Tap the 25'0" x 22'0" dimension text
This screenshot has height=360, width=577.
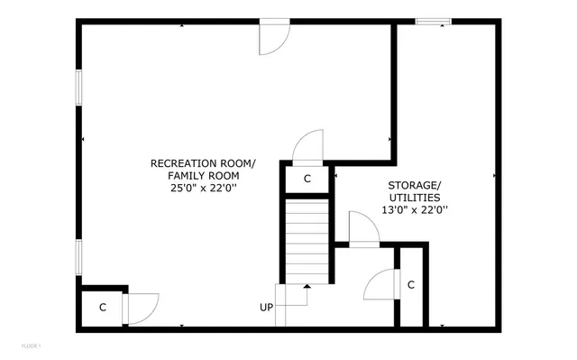pyautogui.click(x=203, y=189)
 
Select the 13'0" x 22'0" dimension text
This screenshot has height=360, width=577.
pyautogui.click(x=415, y=210)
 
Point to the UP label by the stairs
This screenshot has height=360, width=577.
pyautogui.click(x=267, y=308)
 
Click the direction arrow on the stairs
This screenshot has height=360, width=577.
pyautogui.click(x=307, y=287)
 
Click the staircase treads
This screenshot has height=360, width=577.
pyautogui.click(x=307, y=240)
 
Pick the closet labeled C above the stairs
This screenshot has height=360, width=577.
pyautogui.click(x=307, y=179)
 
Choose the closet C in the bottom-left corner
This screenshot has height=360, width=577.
pyautogui.click(x=103, y=308)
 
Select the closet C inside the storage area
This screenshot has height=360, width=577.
pyautogui.click(x=411, y=286)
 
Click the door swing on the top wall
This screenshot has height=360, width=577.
pyautogui.click(x=274, y=37)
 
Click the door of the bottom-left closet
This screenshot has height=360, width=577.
pyautogui.click(x=142, y=308)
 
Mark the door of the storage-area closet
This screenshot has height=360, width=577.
pyautogui.click(x=380, y=286)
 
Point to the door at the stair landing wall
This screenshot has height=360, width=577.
pyautogui.click(x=363, y=229)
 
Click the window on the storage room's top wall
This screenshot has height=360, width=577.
pyautogui.click(x=439, y=22)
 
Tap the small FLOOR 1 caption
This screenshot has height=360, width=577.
pyautogui.click(x=31, y=346)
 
